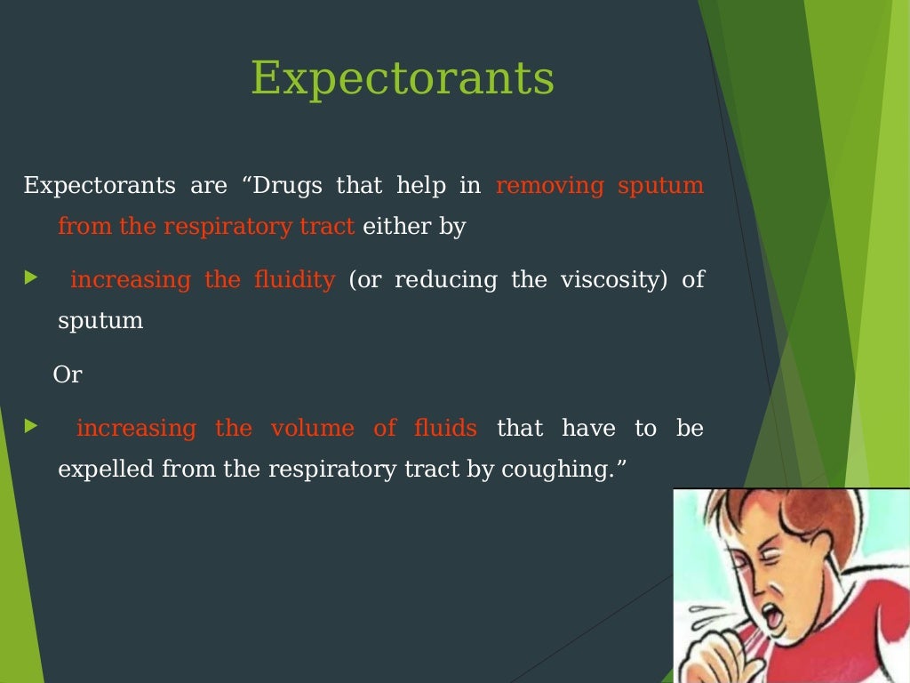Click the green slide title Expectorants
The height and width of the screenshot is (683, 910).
click(403, 78)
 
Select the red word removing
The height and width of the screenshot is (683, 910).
click(549, 186)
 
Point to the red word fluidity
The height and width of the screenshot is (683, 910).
click(294, 279)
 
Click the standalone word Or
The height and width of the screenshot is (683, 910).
click(68, 375)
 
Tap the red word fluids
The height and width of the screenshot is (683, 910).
click(445, 428)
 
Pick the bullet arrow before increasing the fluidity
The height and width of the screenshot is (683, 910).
click(31, 278)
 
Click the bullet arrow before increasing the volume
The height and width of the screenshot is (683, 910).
click(31, 427)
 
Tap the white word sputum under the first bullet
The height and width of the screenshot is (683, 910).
click(100, 320)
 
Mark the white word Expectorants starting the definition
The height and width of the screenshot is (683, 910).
click(100, 186)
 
